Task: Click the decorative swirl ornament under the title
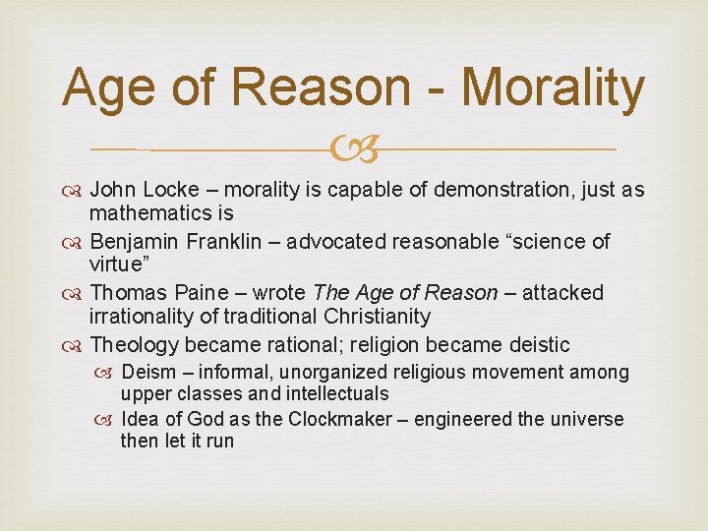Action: (353, 150)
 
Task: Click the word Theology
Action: (134, 344)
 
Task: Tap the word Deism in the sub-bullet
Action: (147, 372)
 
